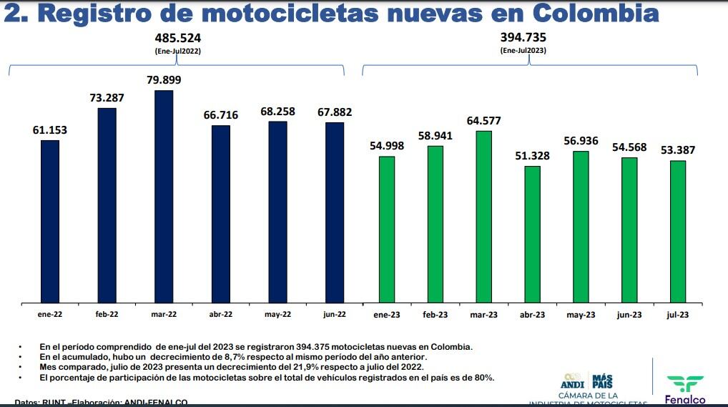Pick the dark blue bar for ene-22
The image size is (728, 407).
(x=50, y=221)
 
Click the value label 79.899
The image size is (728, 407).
(x=164, y=80)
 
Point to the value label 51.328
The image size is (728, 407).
(x=532, y=156)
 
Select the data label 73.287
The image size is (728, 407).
(x=107, y=97)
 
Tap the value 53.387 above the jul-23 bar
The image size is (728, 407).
(x=677, y=150)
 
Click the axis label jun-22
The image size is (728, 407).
(x=334, y=314)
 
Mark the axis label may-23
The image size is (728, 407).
(x=581, y=315)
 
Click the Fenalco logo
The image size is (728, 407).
(x=685, y=390)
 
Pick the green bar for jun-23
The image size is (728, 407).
(x=629, y=230)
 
